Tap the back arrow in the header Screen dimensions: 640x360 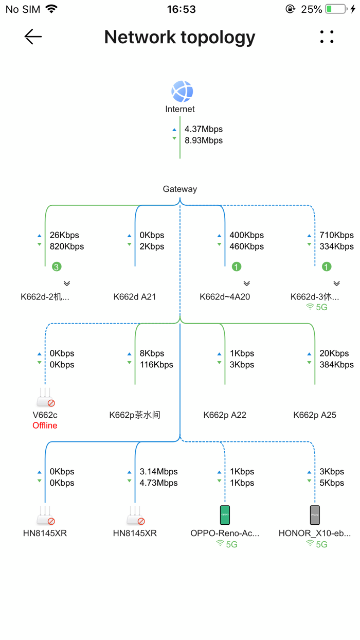pyautogui.click(x=33, y=37)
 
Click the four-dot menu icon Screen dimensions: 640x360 pyautogui.click(x=327, y=37)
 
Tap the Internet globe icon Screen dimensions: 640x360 pyautogui.click(x=182, y=92)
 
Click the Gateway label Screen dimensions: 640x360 pyautogui.click(x=180, y=189)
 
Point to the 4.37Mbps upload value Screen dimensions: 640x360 pyautogui.click(x=204, y=129)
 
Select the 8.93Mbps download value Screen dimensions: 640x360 pyautogui.click(x=204, y=140)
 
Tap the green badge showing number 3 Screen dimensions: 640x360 pyautogui.click(x=57, y=266)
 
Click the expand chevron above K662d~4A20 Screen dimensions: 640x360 pyautogui.click(x=246, y=283)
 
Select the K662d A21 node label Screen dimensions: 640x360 pyautogui.click(x=135, y=296)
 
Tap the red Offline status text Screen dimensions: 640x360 pyautogui.click(x=45, y=425)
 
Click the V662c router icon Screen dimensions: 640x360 pyautogui.click(x=45, y=398)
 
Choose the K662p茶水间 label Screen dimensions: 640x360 pyautogui.click(x=135, y=415)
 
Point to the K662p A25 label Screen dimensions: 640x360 pyautogui.click(x=315, y=415)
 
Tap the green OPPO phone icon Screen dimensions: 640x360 pyautogui.click(x=225, y=514)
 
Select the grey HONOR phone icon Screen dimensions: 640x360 pyautogui.click(x=315, y=514)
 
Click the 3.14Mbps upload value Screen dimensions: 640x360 pyautogui.click(x=158, y=472)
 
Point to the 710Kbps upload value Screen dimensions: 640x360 pyautogui.click(x=336, y=235)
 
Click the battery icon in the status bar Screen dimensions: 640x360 pyautogui.click(x=336, y=9)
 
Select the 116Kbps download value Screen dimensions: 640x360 pyautogui.click(x=156, y=365)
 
